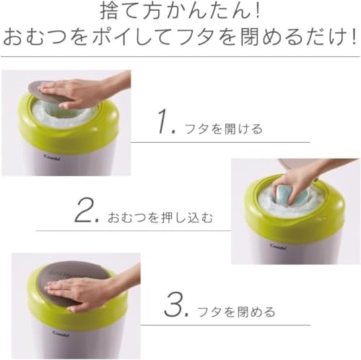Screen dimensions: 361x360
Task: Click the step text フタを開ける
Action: [x=223, y=129]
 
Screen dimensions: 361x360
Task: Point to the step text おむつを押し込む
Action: [x=160, y=218]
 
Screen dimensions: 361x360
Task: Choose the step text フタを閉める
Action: [x=236, y=312]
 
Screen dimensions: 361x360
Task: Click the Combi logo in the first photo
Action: [x=52, y=157]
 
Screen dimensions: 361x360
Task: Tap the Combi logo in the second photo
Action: [x=278, y=246]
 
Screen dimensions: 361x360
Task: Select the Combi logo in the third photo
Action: [x=61, y=334]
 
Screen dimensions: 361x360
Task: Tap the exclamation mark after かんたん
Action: [x=258, y=12]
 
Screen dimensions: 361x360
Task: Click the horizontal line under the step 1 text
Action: [x=220, y=142]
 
